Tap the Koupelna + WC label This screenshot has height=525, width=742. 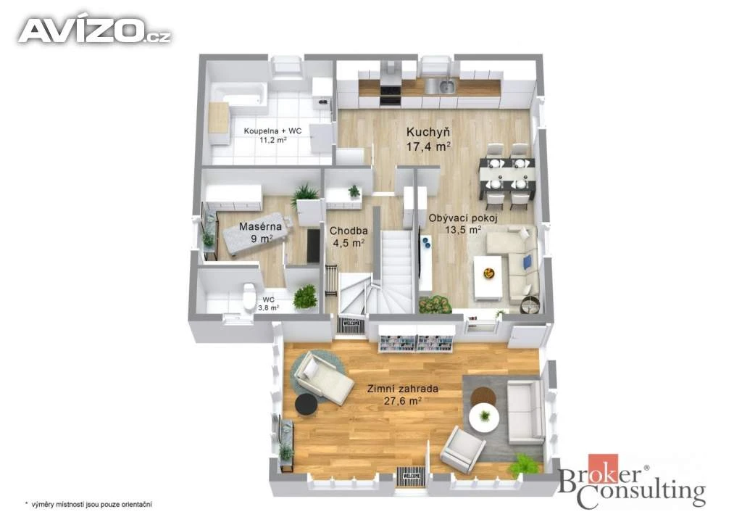click(x=272, y=131)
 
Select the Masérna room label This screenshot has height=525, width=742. click(x=260, y=226)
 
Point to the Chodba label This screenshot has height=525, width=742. click(x=349, y=231)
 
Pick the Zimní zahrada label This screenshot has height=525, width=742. click(x=403, y=389)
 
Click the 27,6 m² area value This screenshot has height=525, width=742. click(x=402, y=400)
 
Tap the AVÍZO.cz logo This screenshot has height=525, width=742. click(x=94, y=30)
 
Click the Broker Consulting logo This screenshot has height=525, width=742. click(x=632, y=481)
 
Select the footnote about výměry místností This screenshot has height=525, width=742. click(x=88, y=505)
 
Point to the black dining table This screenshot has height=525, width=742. click(x=507, y=175)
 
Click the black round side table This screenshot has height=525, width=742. click(x=307, y=404)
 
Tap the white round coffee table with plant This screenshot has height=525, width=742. click(x=484, y=416)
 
